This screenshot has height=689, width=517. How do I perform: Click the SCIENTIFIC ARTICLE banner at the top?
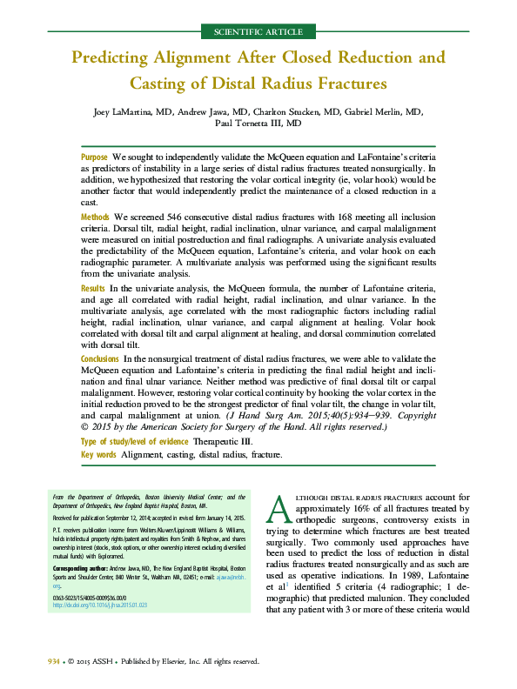258,32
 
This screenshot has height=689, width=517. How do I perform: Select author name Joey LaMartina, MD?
131,112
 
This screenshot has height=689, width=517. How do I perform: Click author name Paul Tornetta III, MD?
258,124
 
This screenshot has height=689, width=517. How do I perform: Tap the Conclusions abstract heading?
100,359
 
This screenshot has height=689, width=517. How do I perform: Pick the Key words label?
98,455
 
